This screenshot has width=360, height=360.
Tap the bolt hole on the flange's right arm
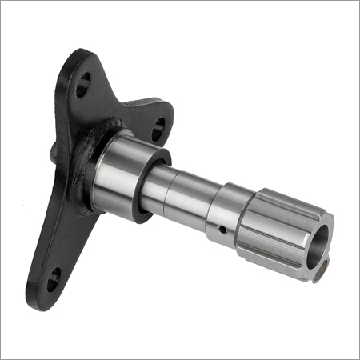point(158,124)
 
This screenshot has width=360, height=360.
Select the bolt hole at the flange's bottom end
point(53,279)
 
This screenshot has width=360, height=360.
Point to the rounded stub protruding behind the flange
point(53,150)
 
